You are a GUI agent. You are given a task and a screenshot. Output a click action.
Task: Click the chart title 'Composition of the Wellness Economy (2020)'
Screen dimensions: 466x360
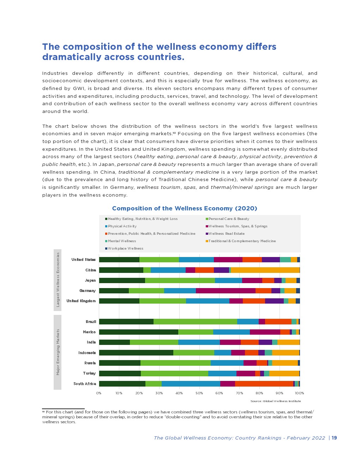tap(185, 208)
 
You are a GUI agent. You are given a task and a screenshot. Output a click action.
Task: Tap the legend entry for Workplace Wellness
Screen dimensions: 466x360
tap(125, 249)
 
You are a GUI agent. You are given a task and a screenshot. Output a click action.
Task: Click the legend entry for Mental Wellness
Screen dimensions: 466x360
tap(121, 241)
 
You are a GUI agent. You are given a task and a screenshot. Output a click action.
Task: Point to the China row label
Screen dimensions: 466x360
tap(91, 270)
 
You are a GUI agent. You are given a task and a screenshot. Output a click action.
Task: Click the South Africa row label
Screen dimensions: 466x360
tap(85, 384)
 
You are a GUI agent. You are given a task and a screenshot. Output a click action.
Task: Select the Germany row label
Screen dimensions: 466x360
tap(88, 291)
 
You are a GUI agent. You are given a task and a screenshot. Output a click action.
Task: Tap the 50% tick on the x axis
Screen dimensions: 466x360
tap(199, 393)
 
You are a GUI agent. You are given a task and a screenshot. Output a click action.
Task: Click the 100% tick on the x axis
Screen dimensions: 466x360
tap(299, 393)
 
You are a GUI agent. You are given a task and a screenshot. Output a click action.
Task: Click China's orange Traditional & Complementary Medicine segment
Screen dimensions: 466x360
tap(265, 270)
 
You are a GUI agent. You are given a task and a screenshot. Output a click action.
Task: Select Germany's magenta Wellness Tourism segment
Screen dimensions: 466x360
tap(226, 291)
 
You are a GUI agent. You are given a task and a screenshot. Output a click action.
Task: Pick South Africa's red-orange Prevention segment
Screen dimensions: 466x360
tap(264, 384)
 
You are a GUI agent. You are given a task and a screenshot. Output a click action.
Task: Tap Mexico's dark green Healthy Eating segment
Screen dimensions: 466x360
tap(138, 332)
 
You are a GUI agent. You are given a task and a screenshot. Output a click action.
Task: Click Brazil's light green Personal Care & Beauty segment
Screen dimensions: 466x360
tap(195, 322)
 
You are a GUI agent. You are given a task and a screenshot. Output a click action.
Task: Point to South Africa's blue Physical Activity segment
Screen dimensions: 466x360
tap(191, 384)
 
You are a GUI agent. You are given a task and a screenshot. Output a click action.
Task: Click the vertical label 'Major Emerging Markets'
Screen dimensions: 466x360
tap(58, 352)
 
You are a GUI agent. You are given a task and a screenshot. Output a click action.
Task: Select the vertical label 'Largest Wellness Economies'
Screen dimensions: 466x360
tap(58, 280)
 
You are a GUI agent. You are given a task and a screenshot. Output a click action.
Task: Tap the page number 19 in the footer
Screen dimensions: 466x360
tap(334, 438)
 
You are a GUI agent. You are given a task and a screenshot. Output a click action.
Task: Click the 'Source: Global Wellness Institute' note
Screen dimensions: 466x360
tap(276, 401)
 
